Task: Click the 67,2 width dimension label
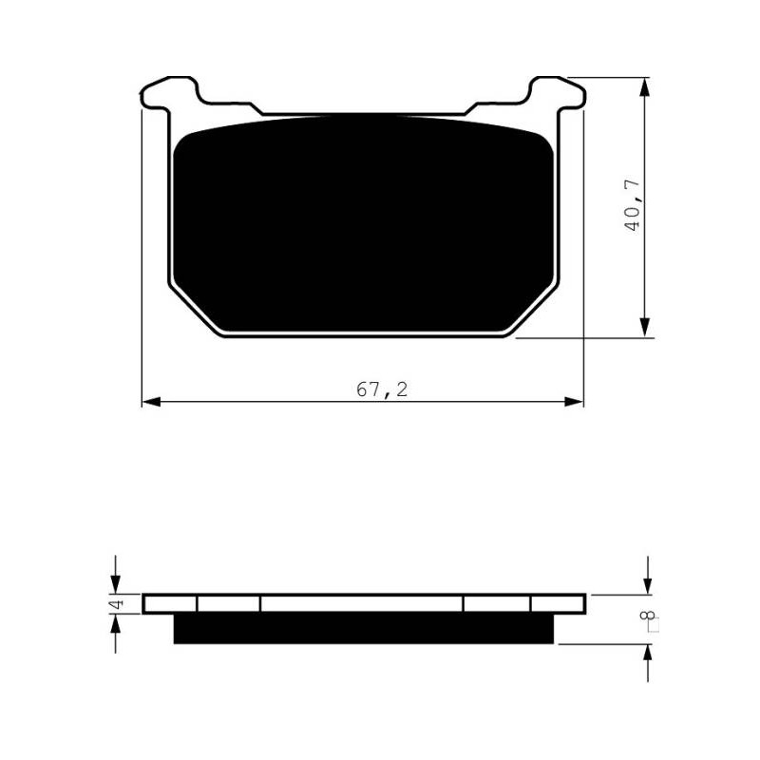pos(382,389)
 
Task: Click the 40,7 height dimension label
pos(632,205)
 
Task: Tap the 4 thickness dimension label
pos(118,604)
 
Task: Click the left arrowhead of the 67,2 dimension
pos(151,402)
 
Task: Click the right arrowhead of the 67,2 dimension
pos(574,402)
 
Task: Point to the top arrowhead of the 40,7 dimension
pos(644,86)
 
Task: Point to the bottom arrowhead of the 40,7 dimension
pos(644,328)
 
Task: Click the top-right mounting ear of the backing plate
pos(558,92)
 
